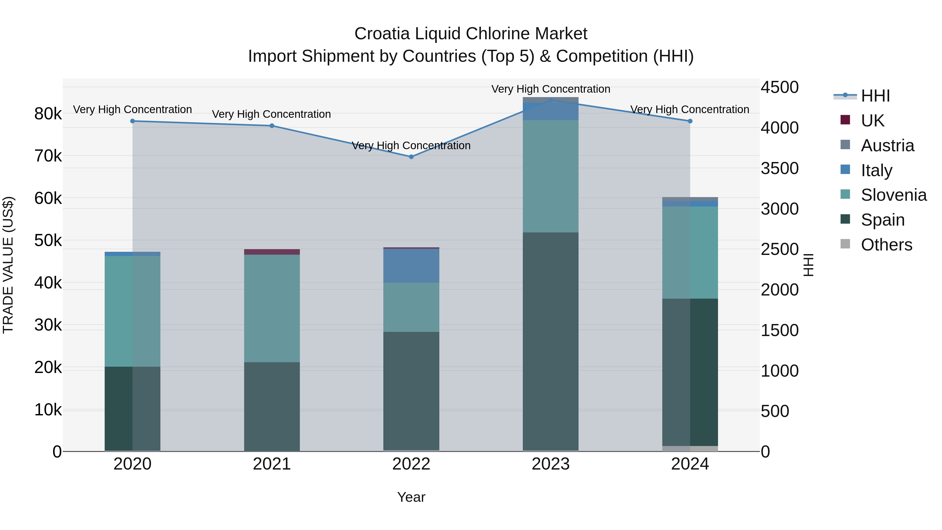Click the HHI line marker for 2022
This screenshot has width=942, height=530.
(411, 157)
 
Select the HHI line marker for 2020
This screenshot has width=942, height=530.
(132, 121)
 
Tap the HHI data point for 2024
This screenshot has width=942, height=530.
(690, 121)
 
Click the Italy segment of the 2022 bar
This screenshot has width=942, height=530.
(411, 266)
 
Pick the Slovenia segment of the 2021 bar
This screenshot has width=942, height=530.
(272, 308)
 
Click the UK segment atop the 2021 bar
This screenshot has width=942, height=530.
(272, 252)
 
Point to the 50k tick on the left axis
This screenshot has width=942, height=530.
(48, 241)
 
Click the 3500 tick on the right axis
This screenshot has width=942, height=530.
(780, 169)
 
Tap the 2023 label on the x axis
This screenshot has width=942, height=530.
(550, 464)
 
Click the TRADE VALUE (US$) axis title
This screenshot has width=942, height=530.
(8, 265)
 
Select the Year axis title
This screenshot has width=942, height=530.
(411, 497)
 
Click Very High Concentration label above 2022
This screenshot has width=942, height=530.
(411, 146)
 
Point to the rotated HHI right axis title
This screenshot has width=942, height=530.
(809, 265)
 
